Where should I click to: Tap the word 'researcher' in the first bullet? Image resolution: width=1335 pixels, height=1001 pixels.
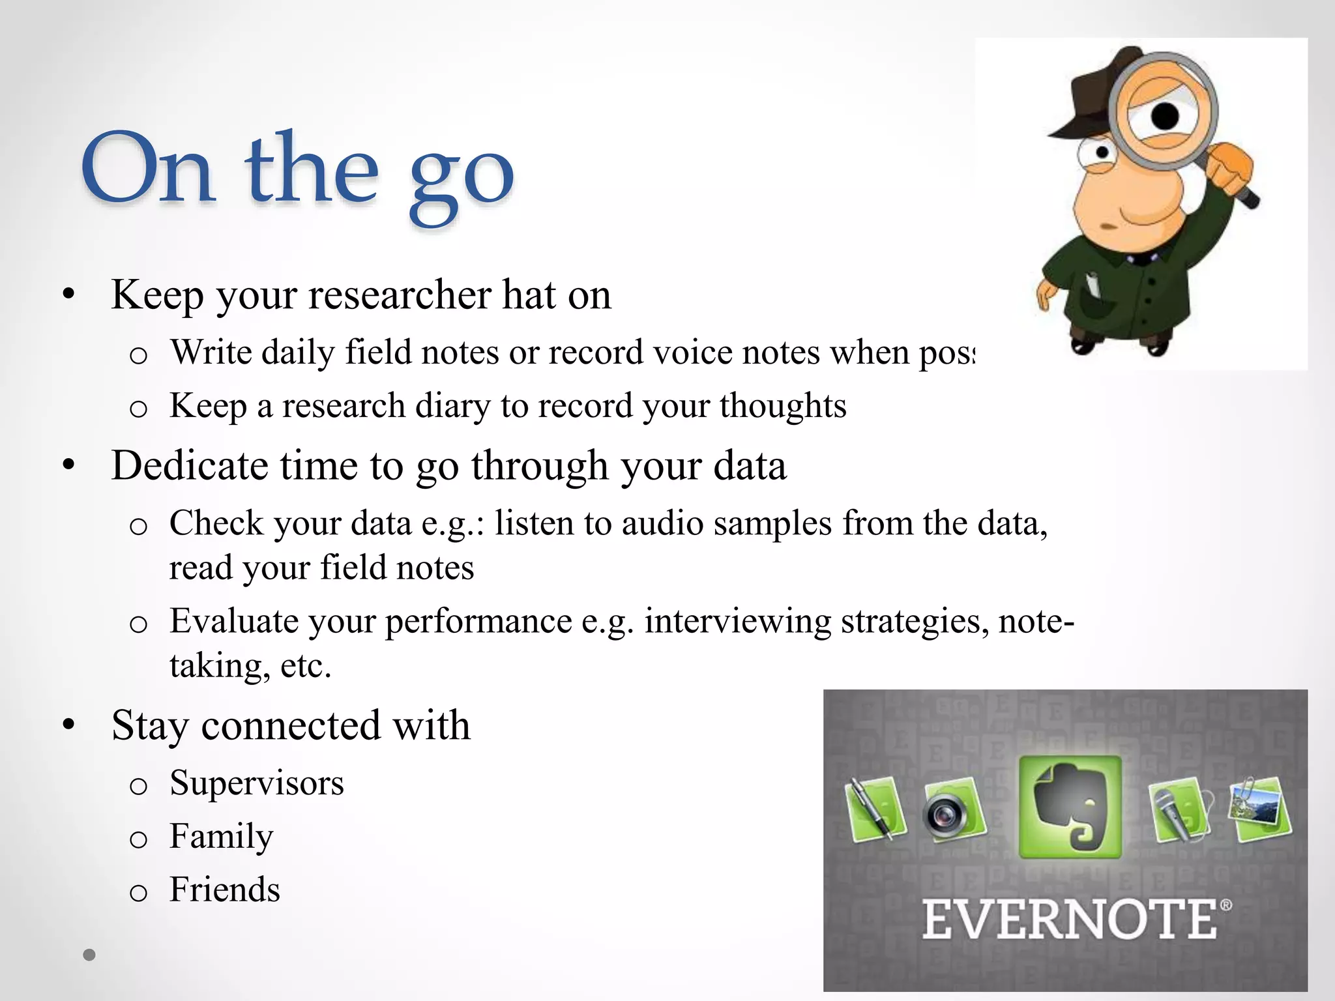pyautogui.click(x=399, y=295)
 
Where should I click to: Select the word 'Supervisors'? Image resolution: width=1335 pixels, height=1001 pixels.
pyautogui.click(x=256, y=783)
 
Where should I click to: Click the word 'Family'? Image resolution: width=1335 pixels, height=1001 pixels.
pyautogui.click(x=221, y=836)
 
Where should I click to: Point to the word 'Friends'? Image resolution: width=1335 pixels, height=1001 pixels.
pyautogui.click(x=224, y=890)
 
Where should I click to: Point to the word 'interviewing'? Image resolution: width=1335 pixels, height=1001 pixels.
pyautogui.click(x=737, y=621)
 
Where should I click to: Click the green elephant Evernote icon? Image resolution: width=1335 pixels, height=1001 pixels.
pyautogui.click(x=1070, y=807)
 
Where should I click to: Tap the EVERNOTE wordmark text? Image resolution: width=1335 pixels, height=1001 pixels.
pyautogui.click(x=1069, y=920)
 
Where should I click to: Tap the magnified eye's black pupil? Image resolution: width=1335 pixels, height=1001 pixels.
pyautogui.click(x=1165, y=116)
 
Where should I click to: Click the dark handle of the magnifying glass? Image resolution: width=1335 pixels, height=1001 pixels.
pyautogui.click(x=1246, y=197)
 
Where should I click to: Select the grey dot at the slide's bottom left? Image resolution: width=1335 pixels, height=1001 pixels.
pyautogui.click(x=90, y=955)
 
